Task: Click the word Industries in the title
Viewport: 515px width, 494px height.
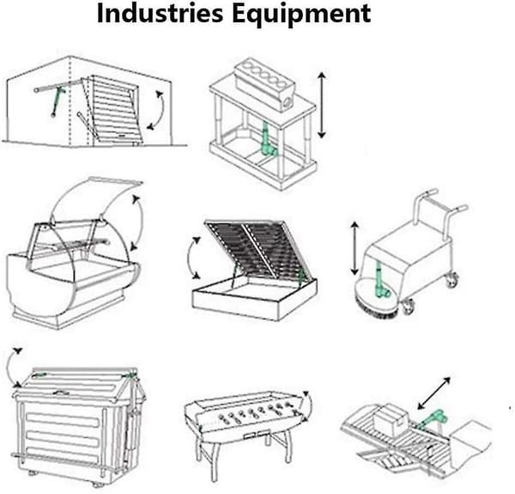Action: pyautogui.click(x=160, y=13)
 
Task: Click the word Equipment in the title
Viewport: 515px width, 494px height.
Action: pyautogui.click(x=301, y=15)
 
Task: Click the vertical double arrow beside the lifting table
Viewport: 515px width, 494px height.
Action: pyautogui.click(x=322, y=105)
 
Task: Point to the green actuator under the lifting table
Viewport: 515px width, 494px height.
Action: pyautogui.click(x=268, y=139)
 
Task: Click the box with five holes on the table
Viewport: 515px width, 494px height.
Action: pyautogui.click(x=264, y=84)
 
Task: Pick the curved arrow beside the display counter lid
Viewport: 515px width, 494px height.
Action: pyautogui.click(x=140, y=223)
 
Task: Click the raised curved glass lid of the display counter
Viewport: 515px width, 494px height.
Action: pyautogui.click(x=95, y=198)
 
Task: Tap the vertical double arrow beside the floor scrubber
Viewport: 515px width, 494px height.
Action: pyautogui.click(x=354, y=248)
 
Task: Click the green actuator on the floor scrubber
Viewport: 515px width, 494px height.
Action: pyautogui.click(x=381, y=280)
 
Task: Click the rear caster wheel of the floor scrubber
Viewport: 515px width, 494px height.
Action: pyautogui.click(x=452, y=280)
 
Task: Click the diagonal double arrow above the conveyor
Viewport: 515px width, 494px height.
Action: pyautogui.click(x=433, y=393)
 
